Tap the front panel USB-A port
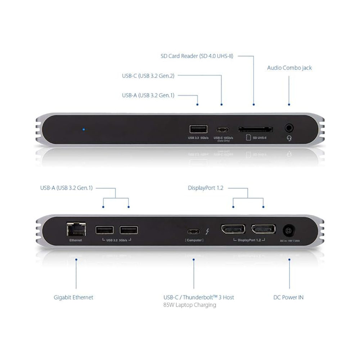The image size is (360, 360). pyautogui.click(x=198, y=129)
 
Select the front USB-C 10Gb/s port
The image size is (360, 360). pyautogui.click(x=223, y=130)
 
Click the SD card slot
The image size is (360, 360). pyautogui.click(x=255, y=129)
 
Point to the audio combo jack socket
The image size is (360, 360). pyautogui.click(x=289, y=128)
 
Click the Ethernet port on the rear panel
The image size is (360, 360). pyautogui.click(x=76, y=229)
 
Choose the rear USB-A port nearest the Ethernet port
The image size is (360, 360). pyautogui.click(x=104, y=230)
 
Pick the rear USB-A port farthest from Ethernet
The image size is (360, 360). pyautogui.click(x=129, y=230)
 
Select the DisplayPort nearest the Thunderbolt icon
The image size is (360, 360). pyautogui.click(x=233, y=229)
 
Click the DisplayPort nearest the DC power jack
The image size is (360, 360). pyautogui.click(x=263, y=229)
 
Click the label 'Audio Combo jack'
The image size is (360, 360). pyautogui.click(x=289, y=68)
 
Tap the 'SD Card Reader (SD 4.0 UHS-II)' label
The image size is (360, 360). pyautogui.click(x=197, y=56)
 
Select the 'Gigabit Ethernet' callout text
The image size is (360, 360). pyautogui.click(x=73, y=297)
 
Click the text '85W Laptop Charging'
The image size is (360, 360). pyautogui.click(x=190, y=305)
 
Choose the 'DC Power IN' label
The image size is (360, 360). pyautogui.click(x=288, y=297)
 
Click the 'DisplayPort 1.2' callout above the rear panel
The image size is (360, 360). pyautogui.click(x=206, y=188)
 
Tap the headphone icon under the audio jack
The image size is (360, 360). pyautogui.click(x=289, y=138)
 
